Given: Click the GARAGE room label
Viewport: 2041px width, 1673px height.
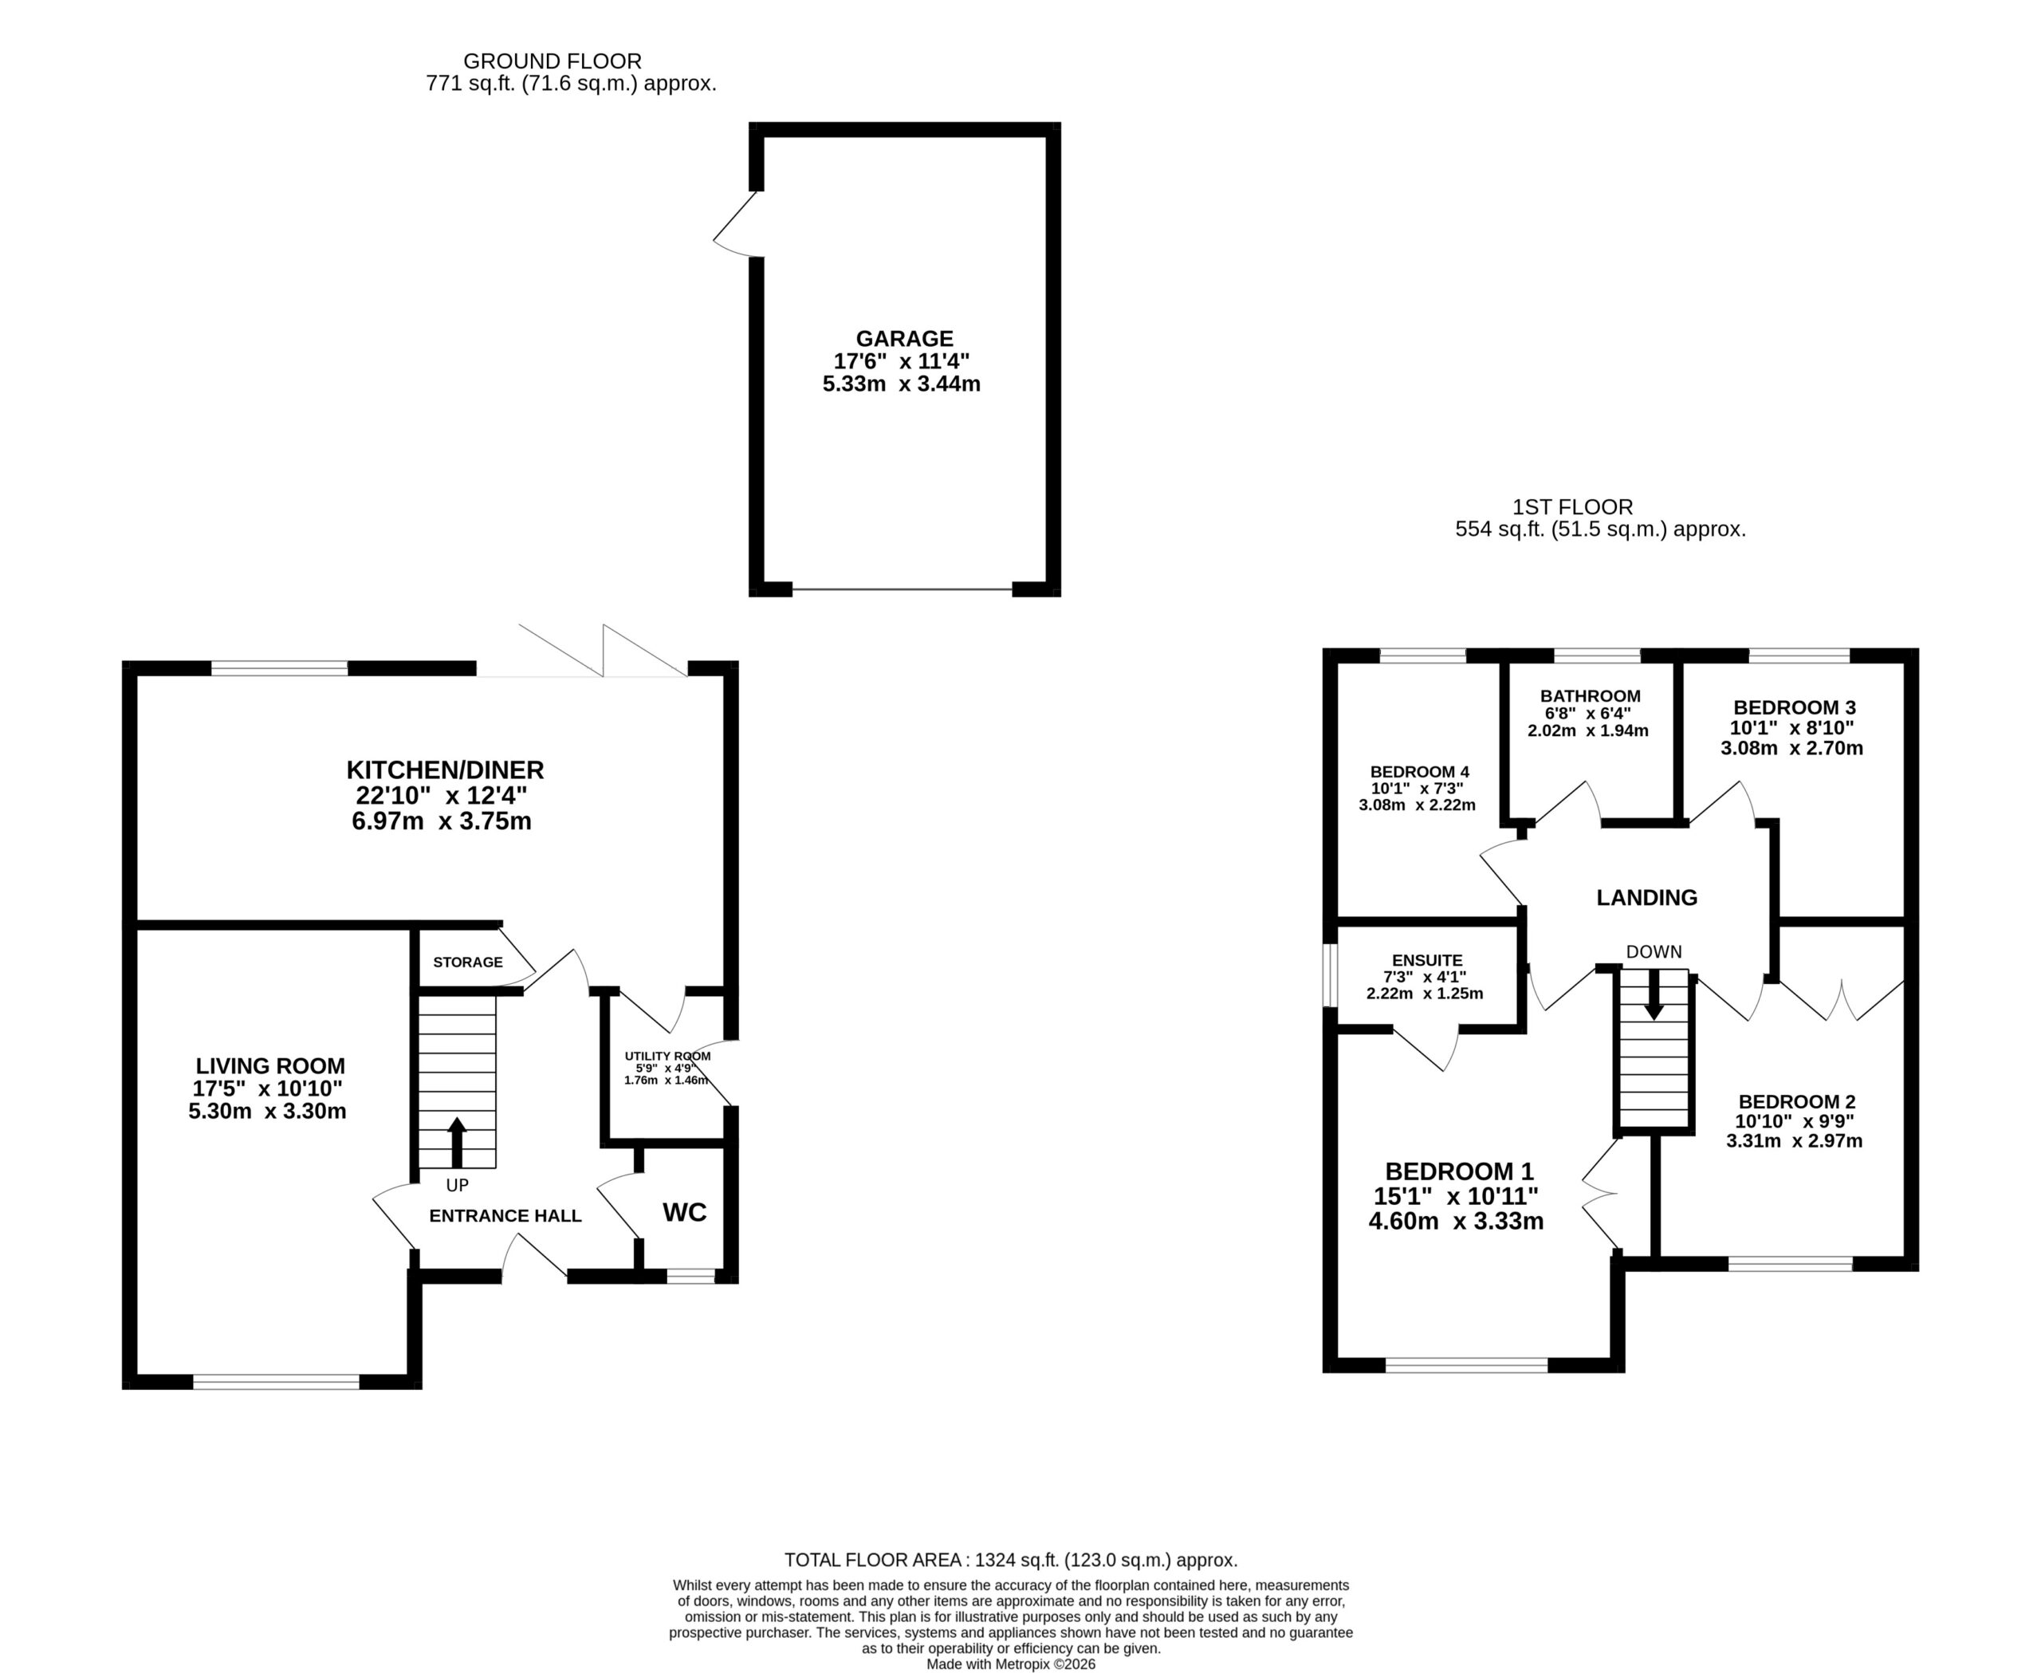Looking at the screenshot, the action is tap(905, 338).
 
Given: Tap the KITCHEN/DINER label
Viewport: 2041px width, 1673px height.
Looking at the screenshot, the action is tap(445, 770).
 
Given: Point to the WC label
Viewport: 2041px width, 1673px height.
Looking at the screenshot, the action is tap(684, 1212).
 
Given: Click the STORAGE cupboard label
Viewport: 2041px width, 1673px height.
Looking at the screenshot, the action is tap(467, 962).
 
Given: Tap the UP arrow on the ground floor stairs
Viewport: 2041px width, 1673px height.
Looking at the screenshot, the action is tap(457, 1142).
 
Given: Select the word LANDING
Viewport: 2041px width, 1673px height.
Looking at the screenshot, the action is tap(1647, 898).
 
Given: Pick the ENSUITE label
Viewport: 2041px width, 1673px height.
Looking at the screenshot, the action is tap(1427, 961).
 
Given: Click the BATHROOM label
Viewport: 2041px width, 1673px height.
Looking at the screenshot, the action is tap(1590, 696).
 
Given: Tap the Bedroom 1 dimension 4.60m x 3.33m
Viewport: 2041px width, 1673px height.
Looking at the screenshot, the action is tap(1456, 1222).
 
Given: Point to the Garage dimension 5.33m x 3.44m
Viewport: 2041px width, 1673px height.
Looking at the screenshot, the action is tap(902, 384).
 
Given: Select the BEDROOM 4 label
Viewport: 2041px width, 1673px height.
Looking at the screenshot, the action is tap(1419, 772).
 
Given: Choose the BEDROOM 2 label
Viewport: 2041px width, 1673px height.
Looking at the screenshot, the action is tap(1796, 1101).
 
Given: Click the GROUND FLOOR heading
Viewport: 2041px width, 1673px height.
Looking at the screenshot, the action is tap(553, 61).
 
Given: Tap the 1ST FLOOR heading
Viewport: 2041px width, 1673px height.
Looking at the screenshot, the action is tap(1573, 507).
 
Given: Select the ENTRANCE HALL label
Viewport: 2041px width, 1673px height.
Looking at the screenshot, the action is tap(505, 1216).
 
